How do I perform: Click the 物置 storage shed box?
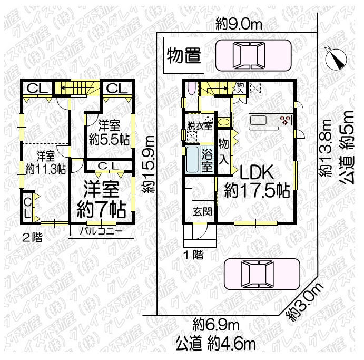183,56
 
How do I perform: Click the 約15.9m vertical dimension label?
150,164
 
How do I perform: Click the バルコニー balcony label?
101,231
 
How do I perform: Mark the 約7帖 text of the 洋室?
101,209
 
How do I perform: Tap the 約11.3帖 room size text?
45,170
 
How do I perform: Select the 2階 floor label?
32,237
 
